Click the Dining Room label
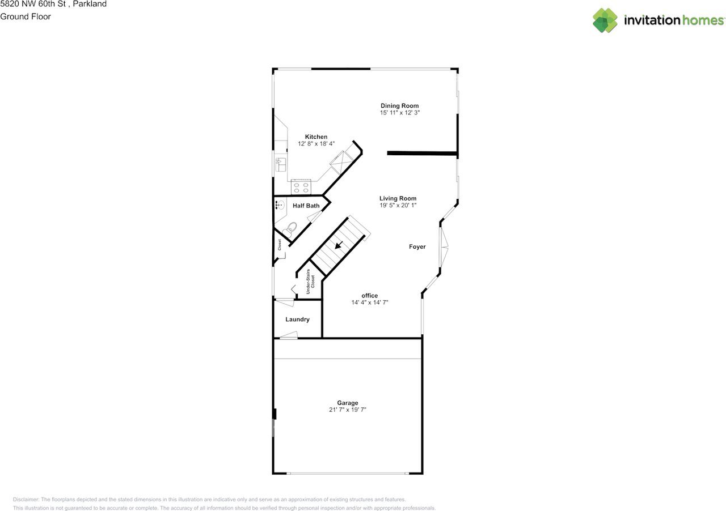point(399,106)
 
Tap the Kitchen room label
point(316,137)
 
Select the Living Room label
point(398,198)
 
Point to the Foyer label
point(417,246)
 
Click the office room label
point(370,296)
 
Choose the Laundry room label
point(297,320)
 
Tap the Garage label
point(348,403)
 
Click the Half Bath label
point(306,206)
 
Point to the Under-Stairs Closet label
point(310,282)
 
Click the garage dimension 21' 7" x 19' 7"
point(348,410)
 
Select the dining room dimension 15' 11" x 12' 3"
point(399,113)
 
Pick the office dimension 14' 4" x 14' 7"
point(370,303)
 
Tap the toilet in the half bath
point(290,229)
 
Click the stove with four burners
point(301,186)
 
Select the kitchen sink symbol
point(280,164)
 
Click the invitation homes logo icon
point(605,20)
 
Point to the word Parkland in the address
point(91,4)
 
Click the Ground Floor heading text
point(26,16)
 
